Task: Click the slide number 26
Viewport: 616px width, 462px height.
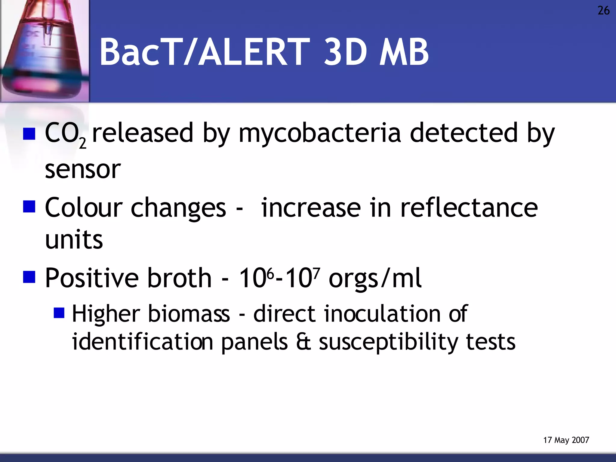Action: pyautogui.click(x=603, y=11)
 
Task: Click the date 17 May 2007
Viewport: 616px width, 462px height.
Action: pyautogui.click(x=566, y=440)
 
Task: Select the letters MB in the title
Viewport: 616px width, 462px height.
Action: pyautogui.click(x=404, y=52)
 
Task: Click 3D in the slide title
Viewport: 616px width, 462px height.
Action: pyautogui.click(x=345, y=52)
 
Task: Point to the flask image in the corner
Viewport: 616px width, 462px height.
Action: pyautogui.click(x=45, y=51)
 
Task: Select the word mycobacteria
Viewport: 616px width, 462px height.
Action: pyautogui.click(x=319, y=133)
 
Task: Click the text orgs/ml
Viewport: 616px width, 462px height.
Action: pyautogui.click(x=375, y=278)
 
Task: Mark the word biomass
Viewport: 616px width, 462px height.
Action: pyautogui.click(x=189, y=314)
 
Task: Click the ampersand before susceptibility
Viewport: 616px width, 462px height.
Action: pyautogui.click(x=303, y=342)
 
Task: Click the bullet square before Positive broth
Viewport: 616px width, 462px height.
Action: pyautogui.click(x=29, y=277)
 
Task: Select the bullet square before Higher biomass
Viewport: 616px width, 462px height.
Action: pyautogui.click(x=59, y=313)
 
